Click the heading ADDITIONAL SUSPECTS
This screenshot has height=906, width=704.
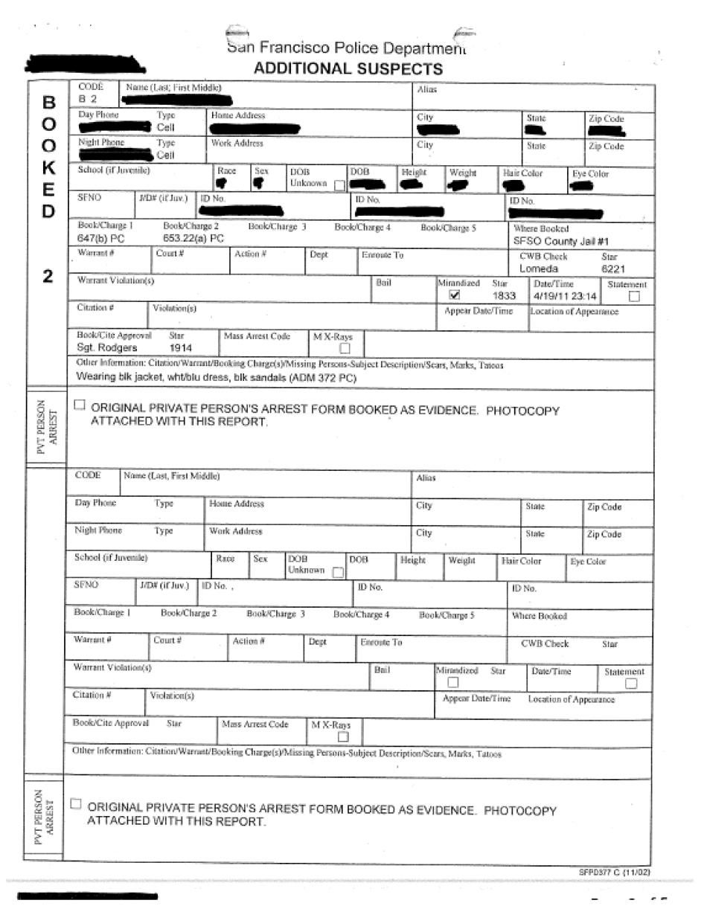(x=348, y=69)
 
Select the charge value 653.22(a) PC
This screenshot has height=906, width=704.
(x=193, y=239)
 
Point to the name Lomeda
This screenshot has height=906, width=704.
(x=538, y=269)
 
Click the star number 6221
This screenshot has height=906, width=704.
(x=612, y=269)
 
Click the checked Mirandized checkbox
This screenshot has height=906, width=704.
(x=445, y=295)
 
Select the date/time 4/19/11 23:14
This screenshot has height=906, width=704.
(x=564, y=296)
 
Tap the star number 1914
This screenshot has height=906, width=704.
(x=180, y=347)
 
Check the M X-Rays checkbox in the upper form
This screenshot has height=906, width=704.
(x=345, y=348)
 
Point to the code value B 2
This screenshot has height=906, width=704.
(x=88, y=99)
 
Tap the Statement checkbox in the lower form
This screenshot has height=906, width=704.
(x=631, y=684)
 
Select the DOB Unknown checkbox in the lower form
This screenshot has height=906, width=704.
(x=338, y=572)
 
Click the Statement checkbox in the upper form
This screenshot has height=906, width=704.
(x=634, y=296)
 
